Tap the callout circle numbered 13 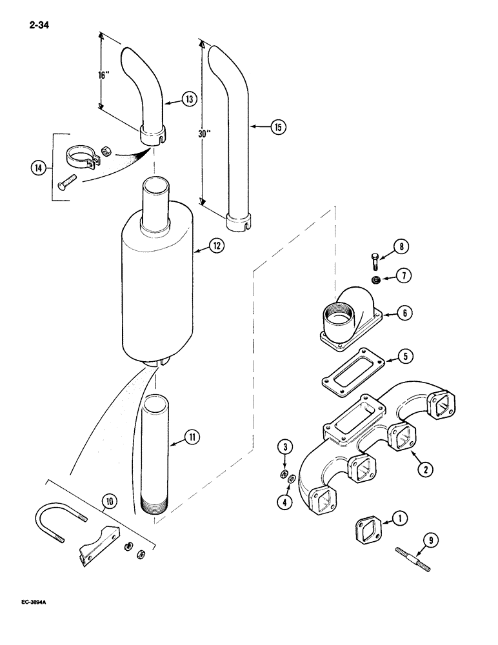click(188, 99)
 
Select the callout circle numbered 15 click(277, 127)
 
